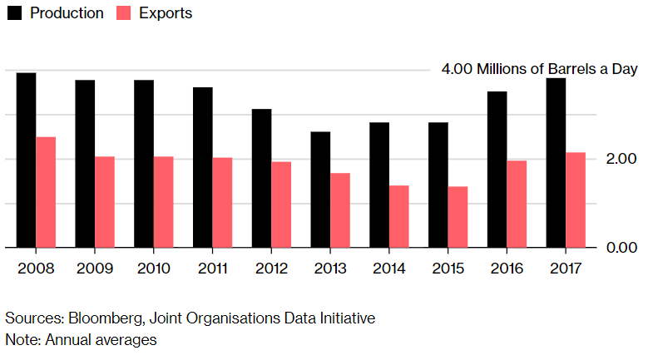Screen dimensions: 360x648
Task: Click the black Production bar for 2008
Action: pyautogui.click(x=26, y=160)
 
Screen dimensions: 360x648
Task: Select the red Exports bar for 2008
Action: pyautogui.click(x=46, y=192)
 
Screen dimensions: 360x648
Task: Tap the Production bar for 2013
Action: pyautogui.click(x=320, y=189)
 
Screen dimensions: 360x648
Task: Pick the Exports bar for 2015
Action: pyautogui.click(x=458, y=216)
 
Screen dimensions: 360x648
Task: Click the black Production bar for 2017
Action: pyautogui.click(x=556, y=162)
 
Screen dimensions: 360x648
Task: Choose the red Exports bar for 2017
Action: pyautogui.click(x=576, y=200)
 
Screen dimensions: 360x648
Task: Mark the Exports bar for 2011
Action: pyautogui.click(x=222, y=202)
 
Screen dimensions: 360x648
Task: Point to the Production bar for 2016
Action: pyautogui.click(x=497, y=169)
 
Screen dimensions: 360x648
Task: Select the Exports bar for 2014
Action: pyautogui.click(x=399, y=216)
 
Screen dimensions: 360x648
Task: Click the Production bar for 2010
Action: pyautogui.click(x=144, y=163)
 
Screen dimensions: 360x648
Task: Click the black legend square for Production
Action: pyautogui.click(x=14, y=13)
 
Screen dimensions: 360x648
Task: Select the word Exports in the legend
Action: pyautogui.click(x=166, y=13)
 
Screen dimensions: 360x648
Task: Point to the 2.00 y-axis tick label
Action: pyautogui.click(x=621, y=159)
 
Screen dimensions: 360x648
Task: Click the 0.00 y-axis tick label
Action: pyautogui.click(x=621, y=248)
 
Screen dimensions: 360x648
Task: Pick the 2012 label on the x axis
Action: pyautogui.click(x=271, y=268)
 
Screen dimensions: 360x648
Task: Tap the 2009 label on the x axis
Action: pyautogui.click(x=95, y=268)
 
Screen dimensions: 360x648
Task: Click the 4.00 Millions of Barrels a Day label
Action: pyautogui.click(x=539, y=70)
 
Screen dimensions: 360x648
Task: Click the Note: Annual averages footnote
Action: pyautogui.click(x=81, y=339)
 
